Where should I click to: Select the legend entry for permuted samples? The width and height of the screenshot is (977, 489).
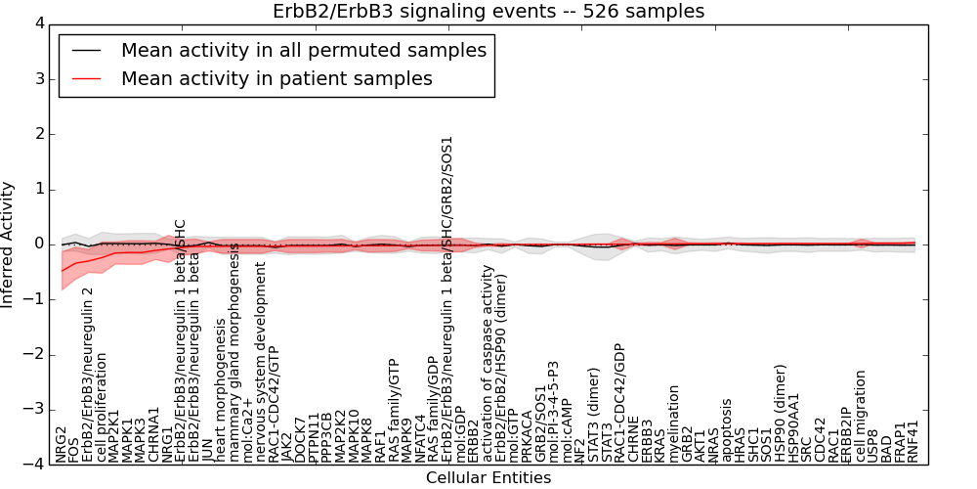coord(303,49)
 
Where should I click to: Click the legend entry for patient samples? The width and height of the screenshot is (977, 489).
coord(276,78)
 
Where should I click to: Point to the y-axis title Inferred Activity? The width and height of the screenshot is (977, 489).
coord(9,244)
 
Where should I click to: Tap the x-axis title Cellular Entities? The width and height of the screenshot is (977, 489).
coord(488,477)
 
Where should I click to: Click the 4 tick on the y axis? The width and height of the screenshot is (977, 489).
coord(38,23)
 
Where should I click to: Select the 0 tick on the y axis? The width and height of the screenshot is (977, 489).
coord(38,244)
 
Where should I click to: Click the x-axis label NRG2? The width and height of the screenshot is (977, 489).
coord(62,444)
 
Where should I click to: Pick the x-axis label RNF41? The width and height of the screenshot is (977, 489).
coord(913,441)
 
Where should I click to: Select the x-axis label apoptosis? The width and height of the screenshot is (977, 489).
coord(727,429)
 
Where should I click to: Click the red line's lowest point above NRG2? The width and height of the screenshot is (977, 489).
coord(62,271)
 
